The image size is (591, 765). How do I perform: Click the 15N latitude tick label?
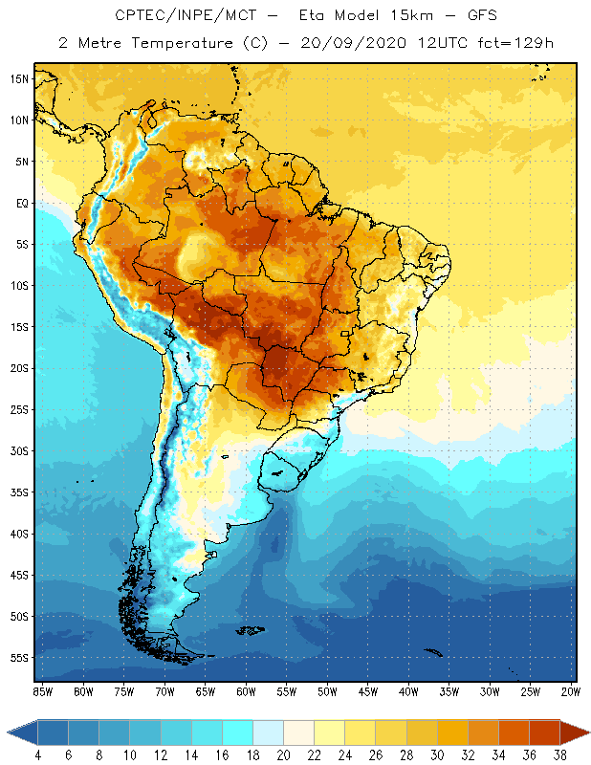(x=19, y=78)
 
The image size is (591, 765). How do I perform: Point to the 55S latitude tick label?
(x=19, y=658)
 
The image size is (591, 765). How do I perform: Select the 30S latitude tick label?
(x=19, y=450)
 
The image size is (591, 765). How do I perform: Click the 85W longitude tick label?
(x=43, y=691)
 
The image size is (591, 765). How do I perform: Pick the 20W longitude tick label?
(x=570, y=691)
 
